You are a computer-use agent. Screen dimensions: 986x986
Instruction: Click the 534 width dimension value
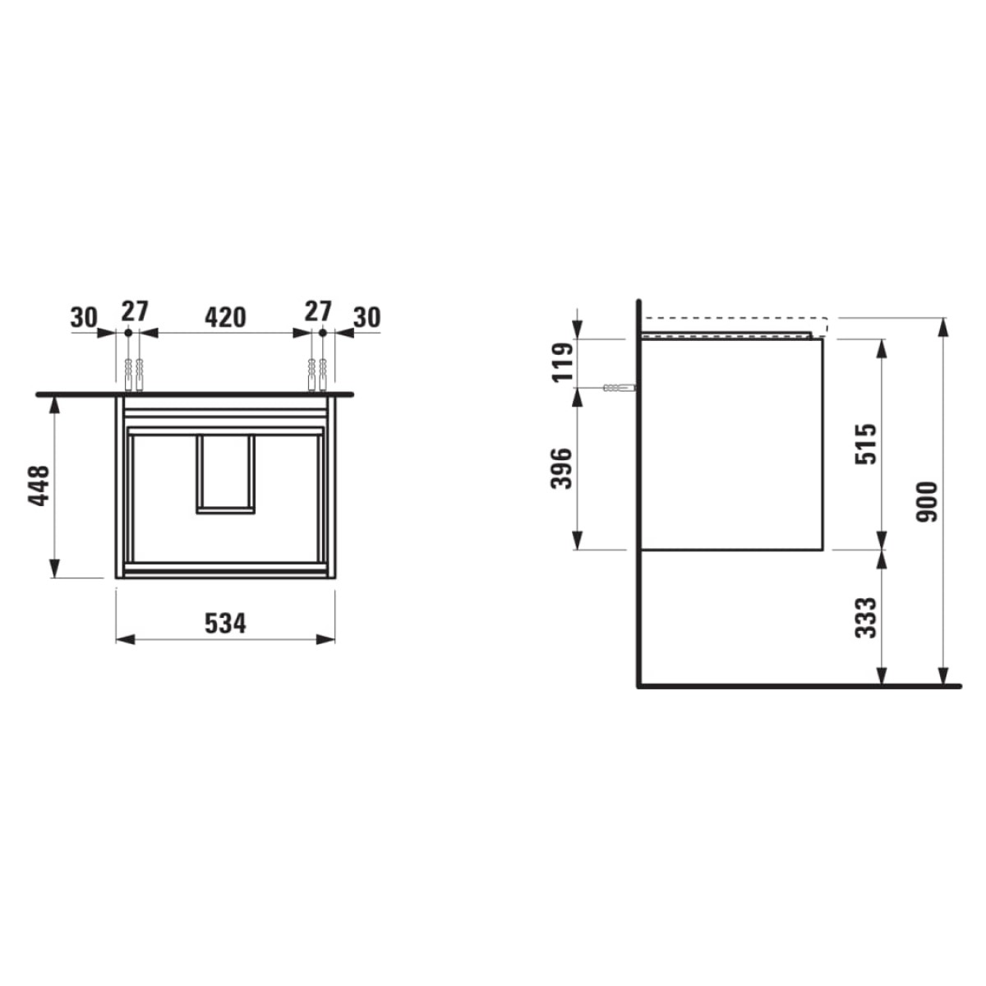(x=225, y=623)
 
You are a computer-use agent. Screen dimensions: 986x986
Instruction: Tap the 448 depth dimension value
(x=39, y=486)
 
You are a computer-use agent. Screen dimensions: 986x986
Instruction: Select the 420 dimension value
(x=225, y=318)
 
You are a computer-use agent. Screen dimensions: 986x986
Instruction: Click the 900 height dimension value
(x=926, y=501)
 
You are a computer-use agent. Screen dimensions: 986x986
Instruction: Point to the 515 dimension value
(x=866, y=444)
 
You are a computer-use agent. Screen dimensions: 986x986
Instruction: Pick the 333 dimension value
(x=866, y=618)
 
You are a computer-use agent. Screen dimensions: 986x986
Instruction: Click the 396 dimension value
(x=561, y=468)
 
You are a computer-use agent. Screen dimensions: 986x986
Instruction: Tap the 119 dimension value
(x=562, y=362)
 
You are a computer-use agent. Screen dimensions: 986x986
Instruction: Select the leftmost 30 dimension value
(x=84, y=318)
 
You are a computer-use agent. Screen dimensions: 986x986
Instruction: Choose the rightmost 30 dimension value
(x=367, y=318)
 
